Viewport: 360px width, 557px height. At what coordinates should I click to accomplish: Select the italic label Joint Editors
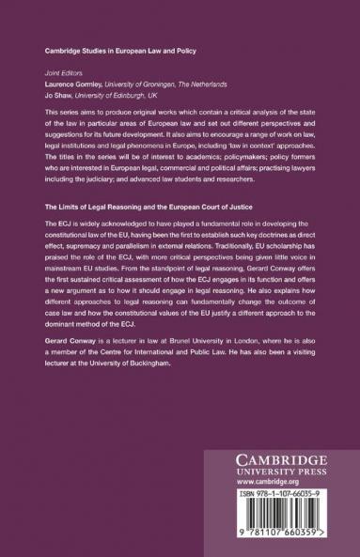coord(51,71)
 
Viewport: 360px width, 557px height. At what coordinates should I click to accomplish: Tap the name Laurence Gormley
coord(66,82)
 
